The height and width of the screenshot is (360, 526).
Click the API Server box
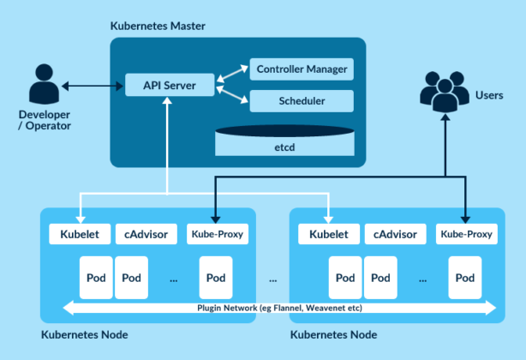[168, 86]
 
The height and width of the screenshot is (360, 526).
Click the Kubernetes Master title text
[158, 26]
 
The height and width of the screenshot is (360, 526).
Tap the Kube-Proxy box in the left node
[217, 234]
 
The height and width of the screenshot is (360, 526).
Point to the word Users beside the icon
[488, 95]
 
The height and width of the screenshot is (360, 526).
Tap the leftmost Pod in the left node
[95, 279]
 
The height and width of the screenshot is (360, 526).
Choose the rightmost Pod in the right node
[465, 279]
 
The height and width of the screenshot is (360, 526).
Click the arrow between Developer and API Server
[91, 86]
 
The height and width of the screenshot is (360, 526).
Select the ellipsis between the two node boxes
[273, 279]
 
